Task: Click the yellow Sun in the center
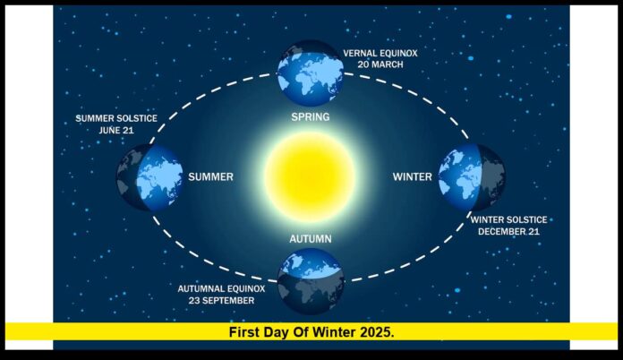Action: coord(311,176)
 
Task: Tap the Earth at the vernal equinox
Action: coord(310,72)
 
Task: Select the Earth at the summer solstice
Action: coord(149,176)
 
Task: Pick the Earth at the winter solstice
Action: coord(471,176)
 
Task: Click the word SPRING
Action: coord(311,117)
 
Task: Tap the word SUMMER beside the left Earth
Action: coord(210,176)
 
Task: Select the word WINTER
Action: coord(413,176)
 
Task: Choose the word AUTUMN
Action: coord(311,239)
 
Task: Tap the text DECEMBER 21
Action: coord(512,230)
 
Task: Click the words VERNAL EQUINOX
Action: coord(380,53)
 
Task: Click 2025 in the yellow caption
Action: coord(377,332)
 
